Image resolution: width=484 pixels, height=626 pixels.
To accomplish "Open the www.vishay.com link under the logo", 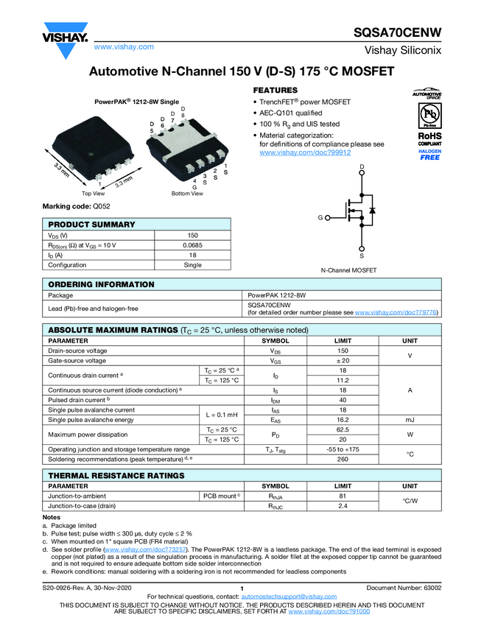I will [x=124, y=46].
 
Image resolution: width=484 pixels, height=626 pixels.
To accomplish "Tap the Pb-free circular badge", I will [x=426, y=115].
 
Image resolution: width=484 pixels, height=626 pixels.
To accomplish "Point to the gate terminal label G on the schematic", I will [x=320, y=219].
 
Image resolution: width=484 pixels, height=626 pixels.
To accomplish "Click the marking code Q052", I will [x=101, y=207].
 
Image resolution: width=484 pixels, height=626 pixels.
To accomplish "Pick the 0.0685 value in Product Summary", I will [x=192, y=245].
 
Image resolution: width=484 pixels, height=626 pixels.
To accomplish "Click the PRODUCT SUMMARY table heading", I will [x=91, y=225].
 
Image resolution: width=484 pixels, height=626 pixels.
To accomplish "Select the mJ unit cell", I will [x=409, y=420].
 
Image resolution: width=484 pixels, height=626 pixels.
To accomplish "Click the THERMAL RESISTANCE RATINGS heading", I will [x=116, y=476].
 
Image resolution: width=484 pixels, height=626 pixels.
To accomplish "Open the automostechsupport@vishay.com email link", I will [x=283, y=596].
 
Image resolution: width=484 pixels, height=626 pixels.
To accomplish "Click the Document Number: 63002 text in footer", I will [x=404, y=588].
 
